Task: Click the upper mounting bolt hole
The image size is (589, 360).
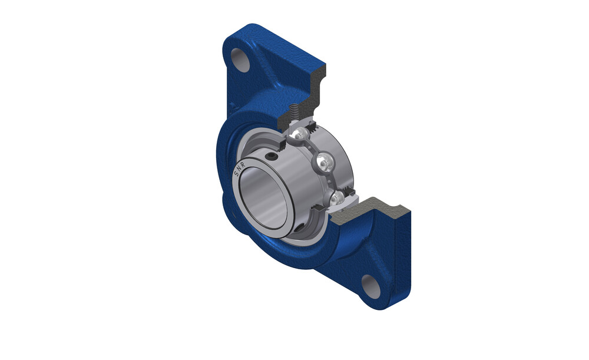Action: [x=241, y=60]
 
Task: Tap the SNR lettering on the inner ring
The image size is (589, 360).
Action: [x=240, y=170]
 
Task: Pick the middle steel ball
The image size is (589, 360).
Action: [x=324, y=162]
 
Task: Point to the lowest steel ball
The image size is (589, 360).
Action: [x=338, y=199]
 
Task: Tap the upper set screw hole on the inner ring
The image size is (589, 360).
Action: [x=271, y=156]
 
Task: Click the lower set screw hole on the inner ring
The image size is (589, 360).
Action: [x=300, y=227]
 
